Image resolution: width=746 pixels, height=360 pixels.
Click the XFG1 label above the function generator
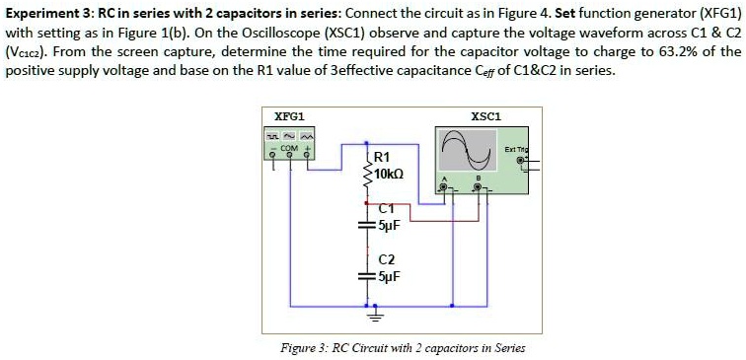tap(278, 115)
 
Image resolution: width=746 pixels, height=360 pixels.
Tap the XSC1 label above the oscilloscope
tap(485, 115)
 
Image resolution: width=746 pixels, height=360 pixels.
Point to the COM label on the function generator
tap(289, 147)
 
